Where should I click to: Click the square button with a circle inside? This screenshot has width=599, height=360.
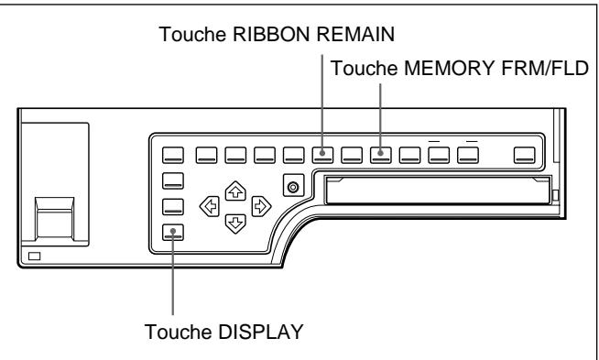[x=293, y=187]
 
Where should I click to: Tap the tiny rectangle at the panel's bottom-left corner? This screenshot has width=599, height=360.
[x=35, y=256]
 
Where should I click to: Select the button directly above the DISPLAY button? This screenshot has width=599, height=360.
[x=172, y=206]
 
